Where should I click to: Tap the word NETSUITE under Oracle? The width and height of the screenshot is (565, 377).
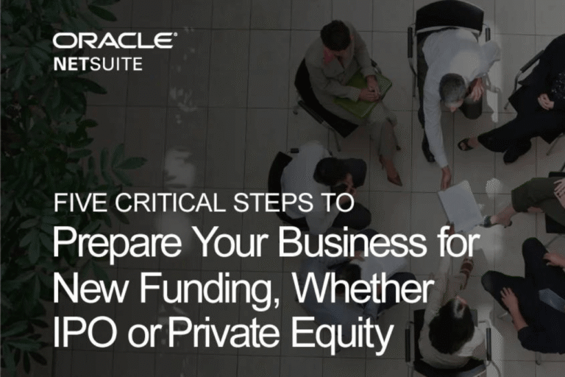tap(98, 64)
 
